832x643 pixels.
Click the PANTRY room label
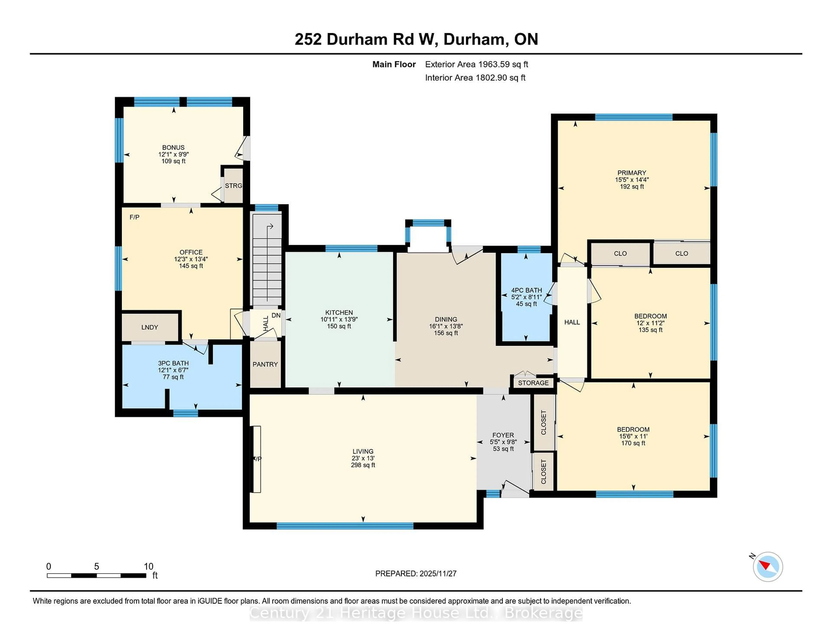coord(265,364)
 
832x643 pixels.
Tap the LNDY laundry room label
coord(150,327)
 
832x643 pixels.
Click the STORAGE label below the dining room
coord(533,383)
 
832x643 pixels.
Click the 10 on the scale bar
coord(149,567)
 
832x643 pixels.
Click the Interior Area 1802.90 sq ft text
coord(475,78)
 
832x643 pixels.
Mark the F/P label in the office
coord(135,217)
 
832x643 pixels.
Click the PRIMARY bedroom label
coord(632,173)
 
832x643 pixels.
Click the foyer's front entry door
coord(514,491)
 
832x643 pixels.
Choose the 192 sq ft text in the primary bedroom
coord(632,187)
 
